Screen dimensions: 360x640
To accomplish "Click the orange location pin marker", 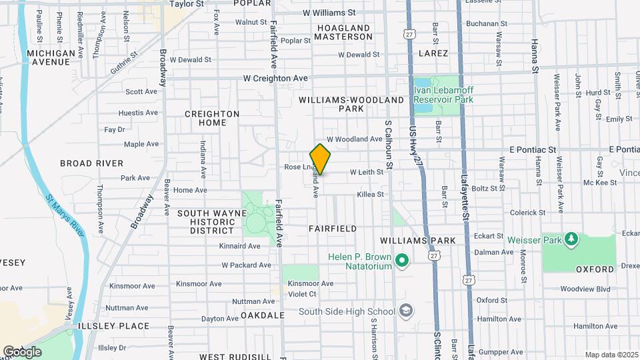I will tap(321, 159).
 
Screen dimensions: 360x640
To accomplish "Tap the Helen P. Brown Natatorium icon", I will tap(401, 260).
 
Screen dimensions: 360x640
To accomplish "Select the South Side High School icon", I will tap(405, 311).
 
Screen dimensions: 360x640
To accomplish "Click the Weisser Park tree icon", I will tap(571, 239).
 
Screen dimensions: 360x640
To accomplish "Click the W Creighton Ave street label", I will tap(275, 78).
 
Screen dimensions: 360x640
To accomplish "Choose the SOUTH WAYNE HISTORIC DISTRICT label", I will tap(206, 222).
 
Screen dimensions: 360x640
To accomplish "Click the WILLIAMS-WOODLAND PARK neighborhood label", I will tap(351, 104).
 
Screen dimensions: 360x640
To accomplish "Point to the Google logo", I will tap(22, 352).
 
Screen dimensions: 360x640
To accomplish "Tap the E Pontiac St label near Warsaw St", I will tap(533, 150).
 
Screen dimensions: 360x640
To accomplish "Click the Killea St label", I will tap(371, 195).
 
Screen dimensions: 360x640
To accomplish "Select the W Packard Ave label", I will tap(246, 265).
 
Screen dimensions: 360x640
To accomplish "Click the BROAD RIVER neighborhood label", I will tap(91, 163).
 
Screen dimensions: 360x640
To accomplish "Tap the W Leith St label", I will tap(365, 172).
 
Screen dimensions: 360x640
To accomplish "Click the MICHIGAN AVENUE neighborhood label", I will tap(52, 57).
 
